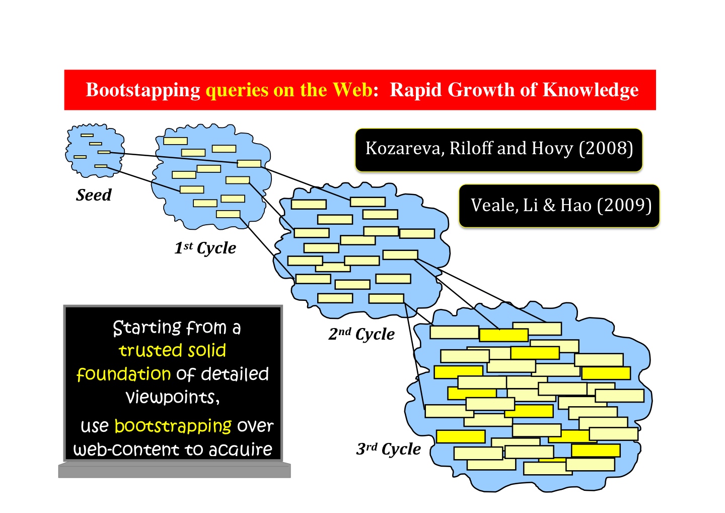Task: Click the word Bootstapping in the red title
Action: click(x=143, y=90)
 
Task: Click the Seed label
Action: click(x=94, y=195)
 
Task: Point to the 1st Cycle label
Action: click(x=205, y=248)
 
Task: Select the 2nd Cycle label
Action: click(x=361, y=334)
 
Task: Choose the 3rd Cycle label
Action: click(x=388, y=449)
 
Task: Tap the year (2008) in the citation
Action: click(x=606, y=149)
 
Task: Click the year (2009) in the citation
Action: click(x=624, y=205)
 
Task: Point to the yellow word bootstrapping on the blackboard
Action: click(x=173, y=426)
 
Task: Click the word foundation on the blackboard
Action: click(x=124, y=374)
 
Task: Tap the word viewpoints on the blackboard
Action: click(x=173, y=398)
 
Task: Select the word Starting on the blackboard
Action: click(x=147, y=328)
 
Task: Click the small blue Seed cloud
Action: click(x=95, y=150)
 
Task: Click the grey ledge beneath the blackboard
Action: click(x=174, y=470)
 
